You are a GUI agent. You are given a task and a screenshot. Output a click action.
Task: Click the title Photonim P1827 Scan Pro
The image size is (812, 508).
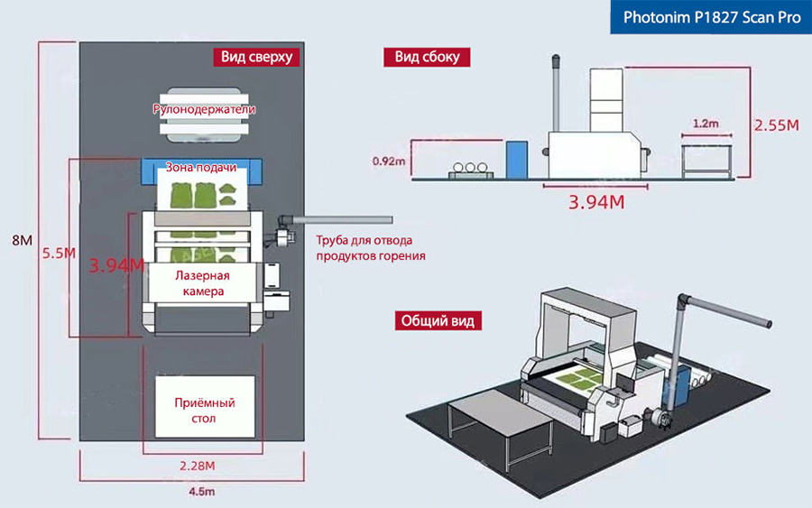tap(712, 16)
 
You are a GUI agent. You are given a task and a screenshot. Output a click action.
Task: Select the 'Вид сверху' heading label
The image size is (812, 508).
tap(257, 57)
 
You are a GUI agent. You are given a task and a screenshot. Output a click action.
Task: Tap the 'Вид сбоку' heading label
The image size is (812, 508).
tap(427, 57)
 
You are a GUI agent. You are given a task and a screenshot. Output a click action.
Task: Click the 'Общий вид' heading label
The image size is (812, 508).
tap(438, 320)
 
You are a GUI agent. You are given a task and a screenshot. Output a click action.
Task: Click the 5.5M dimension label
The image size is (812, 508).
tap(59, 254)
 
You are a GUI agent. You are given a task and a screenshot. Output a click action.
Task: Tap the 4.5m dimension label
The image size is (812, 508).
tap(201, 491)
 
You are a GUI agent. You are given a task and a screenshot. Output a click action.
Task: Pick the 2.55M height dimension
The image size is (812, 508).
tap(777, 125)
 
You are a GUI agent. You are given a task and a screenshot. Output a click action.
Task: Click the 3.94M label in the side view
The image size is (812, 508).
tap(596, 201)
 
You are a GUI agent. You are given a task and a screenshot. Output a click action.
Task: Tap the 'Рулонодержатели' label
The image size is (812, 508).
tap(204, 109)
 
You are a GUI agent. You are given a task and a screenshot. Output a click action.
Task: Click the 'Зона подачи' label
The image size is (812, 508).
tap(201, 168)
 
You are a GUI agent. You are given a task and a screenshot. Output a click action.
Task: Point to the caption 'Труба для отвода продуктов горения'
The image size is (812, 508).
tap(370, 248)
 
